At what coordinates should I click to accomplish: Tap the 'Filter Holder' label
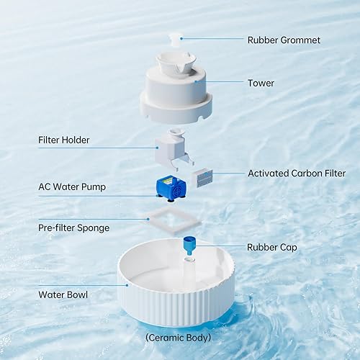64,140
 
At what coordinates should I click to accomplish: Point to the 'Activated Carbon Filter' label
297,174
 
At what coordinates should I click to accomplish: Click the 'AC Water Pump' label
71,186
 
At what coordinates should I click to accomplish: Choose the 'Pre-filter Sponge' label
74,228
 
